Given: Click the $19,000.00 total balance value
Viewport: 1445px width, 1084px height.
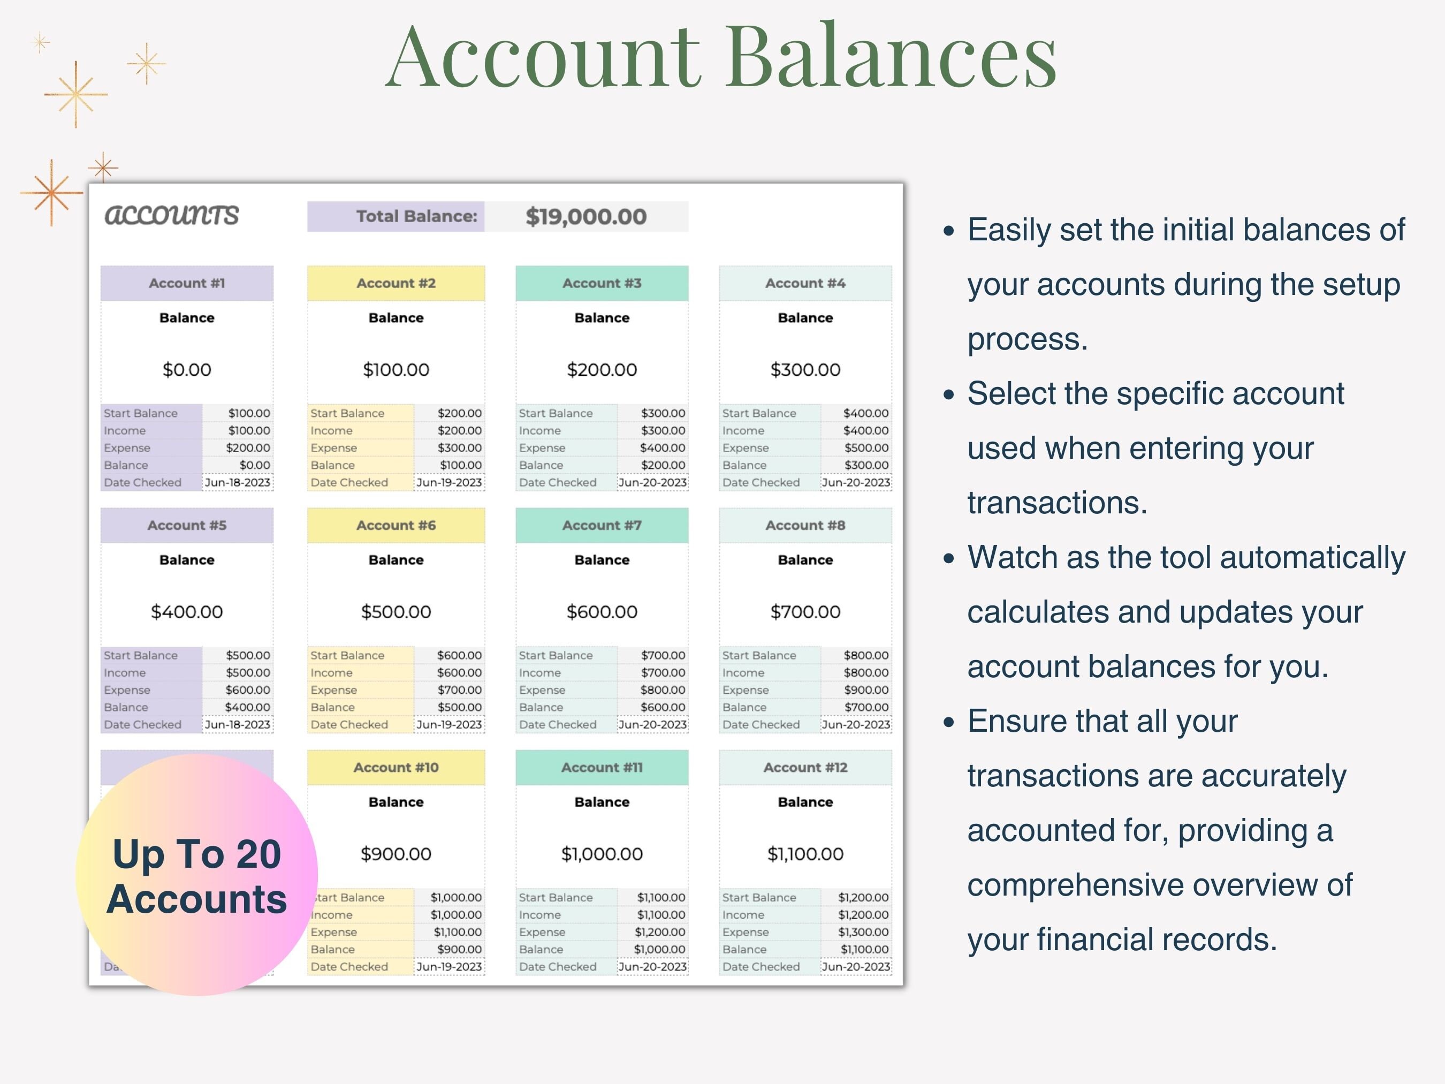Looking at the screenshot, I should (x=585, y=217).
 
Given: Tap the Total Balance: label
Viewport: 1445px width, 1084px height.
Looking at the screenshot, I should (x=417, y=216).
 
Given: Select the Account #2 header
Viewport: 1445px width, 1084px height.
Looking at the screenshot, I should (x=396, y=284).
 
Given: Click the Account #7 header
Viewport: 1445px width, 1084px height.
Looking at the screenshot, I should (x=602, y=525).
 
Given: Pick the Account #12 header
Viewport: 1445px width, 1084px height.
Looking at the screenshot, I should (x=805, y=768).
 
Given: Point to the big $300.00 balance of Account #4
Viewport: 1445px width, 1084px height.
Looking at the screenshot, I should (x=805, y=370).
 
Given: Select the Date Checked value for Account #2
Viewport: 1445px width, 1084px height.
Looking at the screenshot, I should (x=449, y=483).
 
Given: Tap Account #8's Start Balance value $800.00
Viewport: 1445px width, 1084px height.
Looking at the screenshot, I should (x=865, y=655).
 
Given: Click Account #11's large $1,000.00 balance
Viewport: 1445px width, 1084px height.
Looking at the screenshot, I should (x=602, y=854).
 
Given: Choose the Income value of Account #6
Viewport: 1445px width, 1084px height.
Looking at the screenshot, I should (x=459, y=673).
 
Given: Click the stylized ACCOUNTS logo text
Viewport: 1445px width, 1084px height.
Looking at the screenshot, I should (x=172, y=215).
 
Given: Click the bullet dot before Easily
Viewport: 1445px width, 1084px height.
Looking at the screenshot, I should (x=949, y=231).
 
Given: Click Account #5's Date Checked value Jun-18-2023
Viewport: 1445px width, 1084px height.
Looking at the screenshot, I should (x=237, y=725).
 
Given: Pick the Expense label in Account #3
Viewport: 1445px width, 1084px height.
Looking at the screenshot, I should (x=542, y=448).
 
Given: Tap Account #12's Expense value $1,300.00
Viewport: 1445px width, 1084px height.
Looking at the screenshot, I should (x=863, y=933).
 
